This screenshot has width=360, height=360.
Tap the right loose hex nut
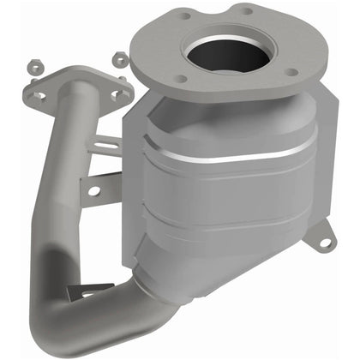[120, 59]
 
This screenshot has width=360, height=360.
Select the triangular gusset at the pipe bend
[94, 291]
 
